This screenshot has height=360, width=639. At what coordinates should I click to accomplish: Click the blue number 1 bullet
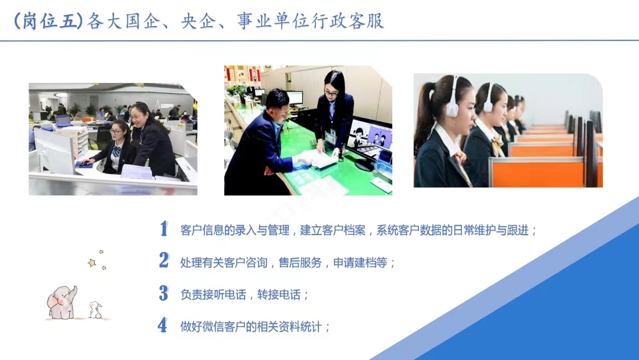pos(164,229)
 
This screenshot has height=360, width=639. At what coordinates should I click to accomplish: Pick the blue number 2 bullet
pos(164,260)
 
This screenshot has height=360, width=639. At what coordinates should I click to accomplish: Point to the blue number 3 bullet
pos(163,292)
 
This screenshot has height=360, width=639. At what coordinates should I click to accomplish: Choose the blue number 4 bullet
pos(163,325)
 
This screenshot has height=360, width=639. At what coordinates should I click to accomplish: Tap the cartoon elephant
pos(62,302)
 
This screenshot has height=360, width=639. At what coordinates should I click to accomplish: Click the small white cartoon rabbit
pos(95,310)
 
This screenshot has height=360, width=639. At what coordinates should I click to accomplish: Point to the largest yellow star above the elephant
pos(92,262)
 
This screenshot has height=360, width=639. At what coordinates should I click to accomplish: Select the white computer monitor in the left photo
pos(54,150)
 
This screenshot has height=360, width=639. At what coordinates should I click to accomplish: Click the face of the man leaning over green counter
pos(280,106)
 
